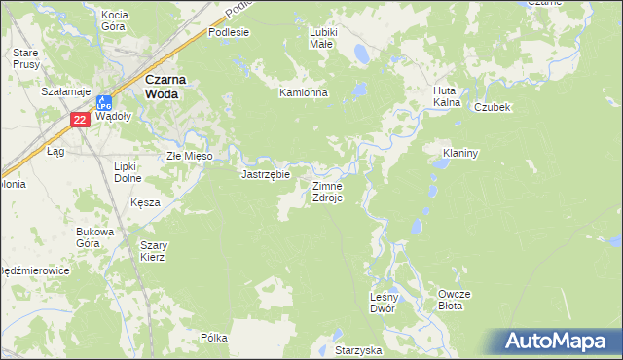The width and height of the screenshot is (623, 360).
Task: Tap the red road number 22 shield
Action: (81, 120)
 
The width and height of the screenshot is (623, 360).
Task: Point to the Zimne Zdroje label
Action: (326, 191)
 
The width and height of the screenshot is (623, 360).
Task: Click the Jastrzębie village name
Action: (266, 174)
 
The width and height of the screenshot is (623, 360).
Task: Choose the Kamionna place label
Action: (304, 93)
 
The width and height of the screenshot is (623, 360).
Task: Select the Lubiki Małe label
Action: (322, 37)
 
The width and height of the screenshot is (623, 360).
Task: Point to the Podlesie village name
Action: (229, 32)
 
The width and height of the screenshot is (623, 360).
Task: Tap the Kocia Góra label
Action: (115, 20)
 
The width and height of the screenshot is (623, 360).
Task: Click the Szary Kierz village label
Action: (153, 251)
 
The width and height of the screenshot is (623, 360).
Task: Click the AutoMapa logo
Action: (559, 341)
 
